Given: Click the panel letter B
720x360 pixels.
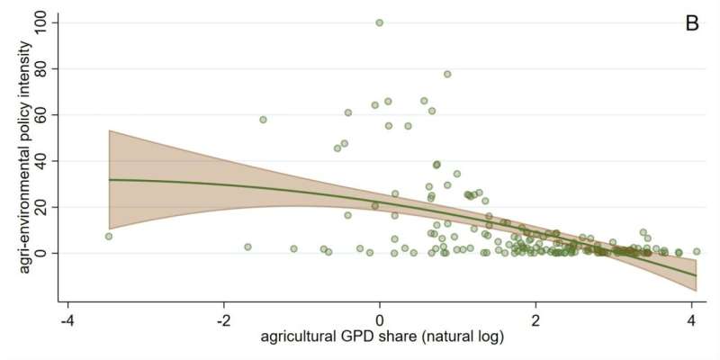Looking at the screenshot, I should tap(692, 23).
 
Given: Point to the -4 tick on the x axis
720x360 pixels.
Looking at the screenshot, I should tap(67, 319).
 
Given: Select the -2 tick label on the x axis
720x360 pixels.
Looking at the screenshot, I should tap(223, 319).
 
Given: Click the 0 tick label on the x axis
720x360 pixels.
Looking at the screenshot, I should tap(380, 319).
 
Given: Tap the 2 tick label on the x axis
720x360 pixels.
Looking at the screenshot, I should tap(535, 319).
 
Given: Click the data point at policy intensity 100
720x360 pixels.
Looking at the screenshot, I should tap(380, 22).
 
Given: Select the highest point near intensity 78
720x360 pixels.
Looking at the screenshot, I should tap(447, 74).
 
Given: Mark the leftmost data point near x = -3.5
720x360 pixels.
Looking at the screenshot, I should tap(108, 237).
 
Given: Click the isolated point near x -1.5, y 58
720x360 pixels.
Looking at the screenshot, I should tap(263, 119).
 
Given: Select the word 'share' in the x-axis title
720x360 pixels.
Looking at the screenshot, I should tap(408, 337).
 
